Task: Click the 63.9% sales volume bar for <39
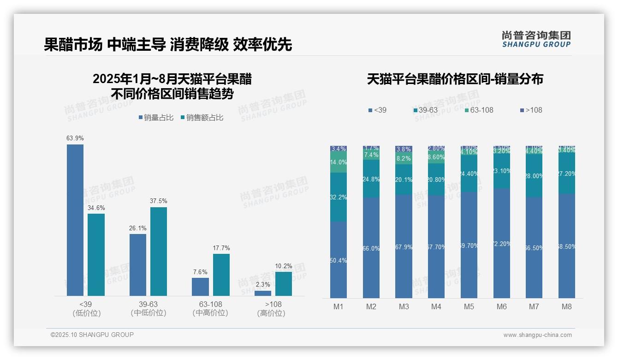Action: click(75, 220)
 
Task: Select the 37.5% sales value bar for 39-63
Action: click(159, 251)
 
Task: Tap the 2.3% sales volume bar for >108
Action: click(263, 293)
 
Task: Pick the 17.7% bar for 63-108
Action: click(221, 275)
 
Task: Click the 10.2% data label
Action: click(284, 266)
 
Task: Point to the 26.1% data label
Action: click(138, 228)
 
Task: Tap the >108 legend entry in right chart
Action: click(531, 110)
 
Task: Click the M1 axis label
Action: click(338, 306)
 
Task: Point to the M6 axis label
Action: click(502, 306)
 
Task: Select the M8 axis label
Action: click(567, 306)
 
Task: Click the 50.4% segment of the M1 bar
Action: click(339, 260)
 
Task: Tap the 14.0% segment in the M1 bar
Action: click(339, 162)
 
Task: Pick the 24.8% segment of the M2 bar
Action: click(371, 179)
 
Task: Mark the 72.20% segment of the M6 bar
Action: click(502, 243)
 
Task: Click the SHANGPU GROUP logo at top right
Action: click(536, 39)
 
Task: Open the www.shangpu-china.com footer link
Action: click(537, 335)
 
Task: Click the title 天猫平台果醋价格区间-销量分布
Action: click(455, 79)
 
